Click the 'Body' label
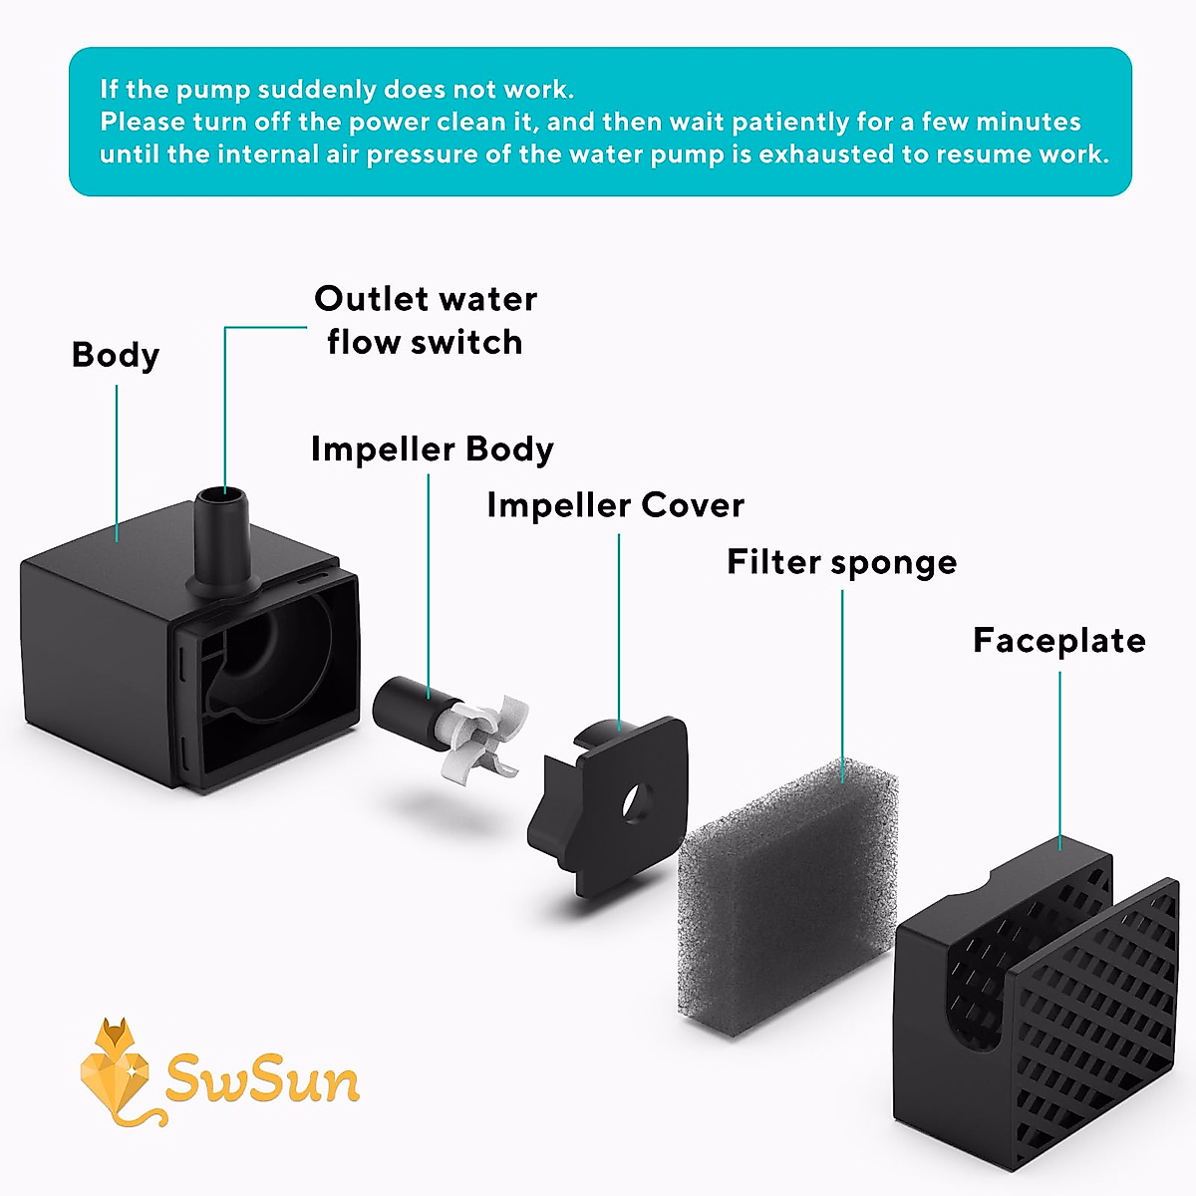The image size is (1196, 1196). pyautogui.click(x=116, y=356)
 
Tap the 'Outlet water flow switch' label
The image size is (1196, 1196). pyautogui.click(x=426, y=320)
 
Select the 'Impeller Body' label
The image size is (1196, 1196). pyautogui.click(x=432, y=449)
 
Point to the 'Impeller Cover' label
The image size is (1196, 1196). pyautogui.click(x=615, y=505)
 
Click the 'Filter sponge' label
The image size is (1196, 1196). pyautogui.click(x=841, y=562)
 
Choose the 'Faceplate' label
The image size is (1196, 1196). pyautogui.click(x=1058, y=640)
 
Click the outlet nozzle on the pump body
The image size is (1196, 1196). pyautogui.click(x=223, y=538)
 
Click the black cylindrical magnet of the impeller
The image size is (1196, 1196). pyautogui.click(x=404, y=710)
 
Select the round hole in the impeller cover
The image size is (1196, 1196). pyautogui.click(x=635, y=800)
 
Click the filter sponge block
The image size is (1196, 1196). pyautogui.click(x=787, y=887)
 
